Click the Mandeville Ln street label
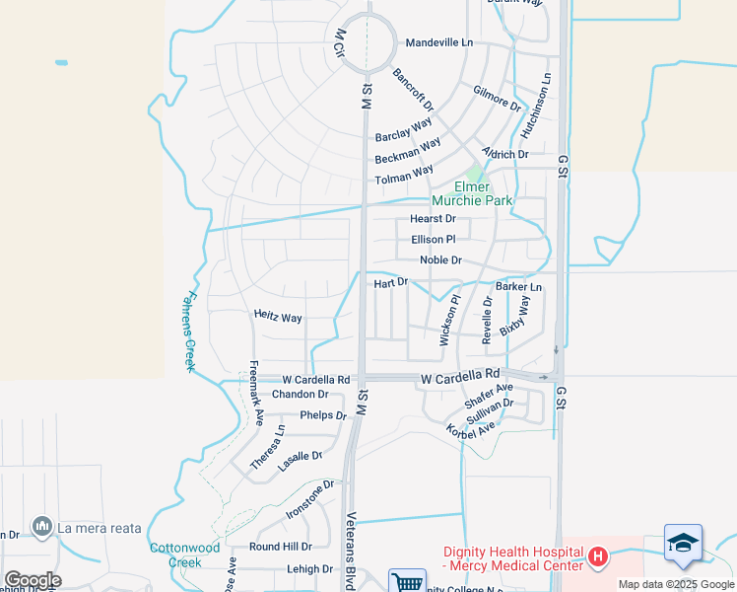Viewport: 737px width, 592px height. [x=439, y=43]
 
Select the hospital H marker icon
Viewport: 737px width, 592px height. [x=597, y=557]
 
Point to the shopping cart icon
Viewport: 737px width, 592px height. [x=406, y=582]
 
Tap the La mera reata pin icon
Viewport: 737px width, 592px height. [x=41, y=528]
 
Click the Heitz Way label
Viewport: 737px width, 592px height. [x=278, y=318]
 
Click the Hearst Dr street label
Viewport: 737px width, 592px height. [x=433, y=219]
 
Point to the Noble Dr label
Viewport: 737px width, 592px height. [x=440, y=260]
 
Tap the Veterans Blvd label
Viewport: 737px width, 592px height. [x=353, y=549]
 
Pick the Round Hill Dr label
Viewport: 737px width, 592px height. [x=280, y=547]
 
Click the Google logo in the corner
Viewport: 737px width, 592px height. [x=32, y=580]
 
